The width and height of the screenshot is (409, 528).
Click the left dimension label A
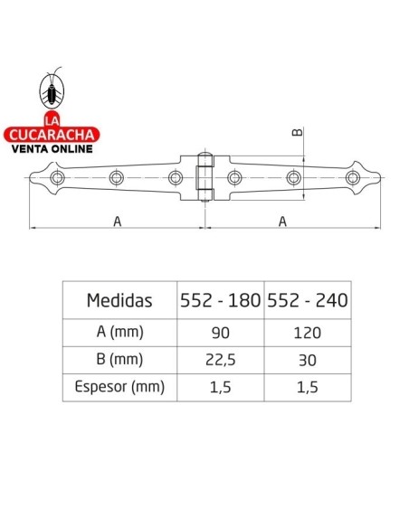coord(117,220)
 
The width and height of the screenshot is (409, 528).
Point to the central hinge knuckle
coord(205,176)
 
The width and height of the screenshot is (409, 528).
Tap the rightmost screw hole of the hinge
coord(352,177)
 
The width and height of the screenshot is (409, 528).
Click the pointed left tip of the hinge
coord(32,177)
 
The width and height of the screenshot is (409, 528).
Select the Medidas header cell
coord(119,300)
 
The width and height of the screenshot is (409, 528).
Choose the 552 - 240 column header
coord(306,300)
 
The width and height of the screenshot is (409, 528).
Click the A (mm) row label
coord(119,332)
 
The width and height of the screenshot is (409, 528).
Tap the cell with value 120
coord(306,332)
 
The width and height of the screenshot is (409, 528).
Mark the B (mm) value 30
coord(306,360)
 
